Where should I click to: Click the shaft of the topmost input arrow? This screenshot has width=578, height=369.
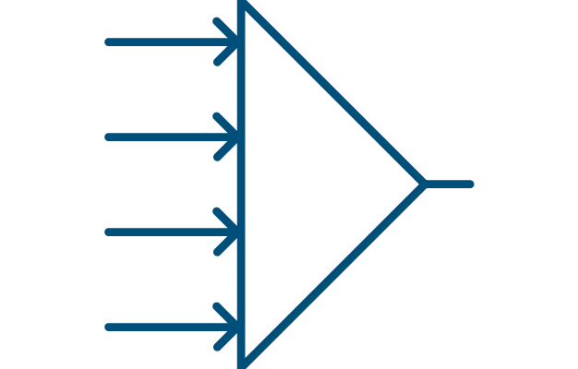click(166, 42)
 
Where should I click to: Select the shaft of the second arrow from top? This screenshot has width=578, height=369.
click(166, 137)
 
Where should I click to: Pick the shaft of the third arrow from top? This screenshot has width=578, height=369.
click(166, 232)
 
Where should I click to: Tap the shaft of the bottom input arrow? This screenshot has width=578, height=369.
click(166, 327)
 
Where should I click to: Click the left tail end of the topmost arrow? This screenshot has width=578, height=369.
click(109, 42)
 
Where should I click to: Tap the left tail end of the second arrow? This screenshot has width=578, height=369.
click(109, 137)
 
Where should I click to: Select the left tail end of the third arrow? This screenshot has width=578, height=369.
click(109, 232)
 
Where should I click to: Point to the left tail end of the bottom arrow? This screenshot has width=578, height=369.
click(109, 327)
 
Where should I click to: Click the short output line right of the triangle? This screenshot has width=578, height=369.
click(449, 184)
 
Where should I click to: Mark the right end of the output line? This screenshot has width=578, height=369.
click(471, 184)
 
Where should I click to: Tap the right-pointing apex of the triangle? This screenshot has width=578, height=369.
click(423, 184)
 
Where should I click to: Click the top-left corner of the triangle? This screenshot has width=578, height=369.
click(242, 5)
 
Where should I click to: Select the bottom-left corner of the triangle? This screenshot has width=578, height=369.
click(242, 363)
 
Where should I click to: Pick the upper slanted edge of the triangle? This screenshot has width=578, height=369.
click(332, 93)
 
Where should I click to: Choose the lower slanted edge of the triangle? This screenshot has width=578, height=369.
click(332, 274)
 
